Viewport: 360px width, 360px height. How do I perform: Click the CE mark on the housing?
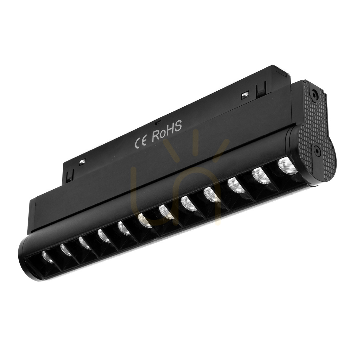click(141, 143)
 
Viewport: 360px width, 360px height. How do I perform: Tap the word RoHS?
click(167, 131)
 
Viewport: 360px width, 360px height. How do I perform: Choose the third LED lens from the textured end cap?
click(235, 185)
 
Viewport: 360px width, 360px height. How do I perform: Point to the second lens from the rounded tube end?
click(66, 249)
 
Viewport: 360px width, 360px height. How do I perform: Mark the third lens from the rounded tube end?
click(84, 242)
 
